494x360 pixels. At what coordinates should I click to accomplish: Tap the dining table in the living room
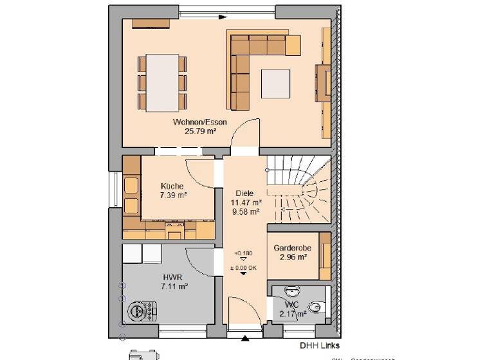click(x=162, y=83)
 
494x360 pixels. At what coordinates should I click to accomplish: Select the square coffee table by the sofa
click(x=276, y=83)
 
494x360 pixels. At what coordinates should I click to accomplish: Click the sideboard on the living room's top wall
click(x=151, y=23)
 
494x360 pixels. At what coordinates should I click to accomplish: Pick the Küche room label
click(x=172, y=186)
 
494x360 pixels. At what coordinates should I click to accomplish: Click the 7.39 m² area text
click(x=172, y=195)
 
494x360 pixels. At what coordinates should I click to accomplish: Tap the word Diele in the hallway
click(x=244, y=193)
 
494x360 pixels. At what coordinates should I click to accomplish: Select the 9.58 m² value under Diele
click(x=244, y=211)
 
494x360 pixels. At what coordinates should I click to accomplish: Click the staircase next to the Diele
click(x=299, y=190)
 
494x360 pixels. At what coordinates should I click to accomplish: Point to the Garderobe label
click(x=292, y=248)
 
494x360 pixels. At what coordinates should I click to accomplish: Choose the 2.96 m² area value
click(x=292, y=257)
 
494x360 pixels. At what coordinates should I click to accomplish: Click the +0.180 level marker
click(x=243, y=253)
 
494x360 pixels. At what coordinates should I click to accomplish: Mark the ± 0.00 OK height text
click(x=243, y=267)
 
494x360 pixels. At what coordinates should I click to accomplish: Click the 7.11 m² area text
click(x=173, y=287)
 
